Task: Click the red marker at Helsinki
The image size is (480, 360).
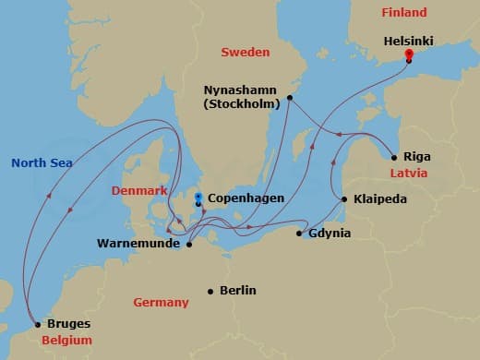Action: pos(408,54)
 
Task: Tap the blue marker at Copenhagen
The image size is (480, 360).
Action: pos(198,197)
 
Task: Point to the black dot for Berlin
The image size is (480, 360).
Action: pos(210,290)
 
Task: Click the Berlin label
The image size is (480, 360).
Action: pos(238,290)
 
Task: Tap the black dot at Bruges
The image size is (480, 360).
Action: pos(36,325)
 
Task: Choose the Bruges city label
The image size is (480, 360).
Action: pos(68,325)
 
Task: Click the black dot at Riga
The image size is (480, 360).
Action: pos(395,157)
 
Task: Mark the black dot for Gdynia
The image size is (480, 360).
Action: pos(299,234)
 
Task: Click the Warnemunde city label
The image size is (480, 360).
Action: pos(138,245)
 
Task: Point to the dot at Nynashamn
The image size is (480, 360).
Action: pos(289,97)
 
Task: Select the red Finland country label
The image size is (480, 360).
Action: pos(404,13)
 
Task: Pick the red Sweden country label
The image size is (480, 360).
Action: pos(245,52)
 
